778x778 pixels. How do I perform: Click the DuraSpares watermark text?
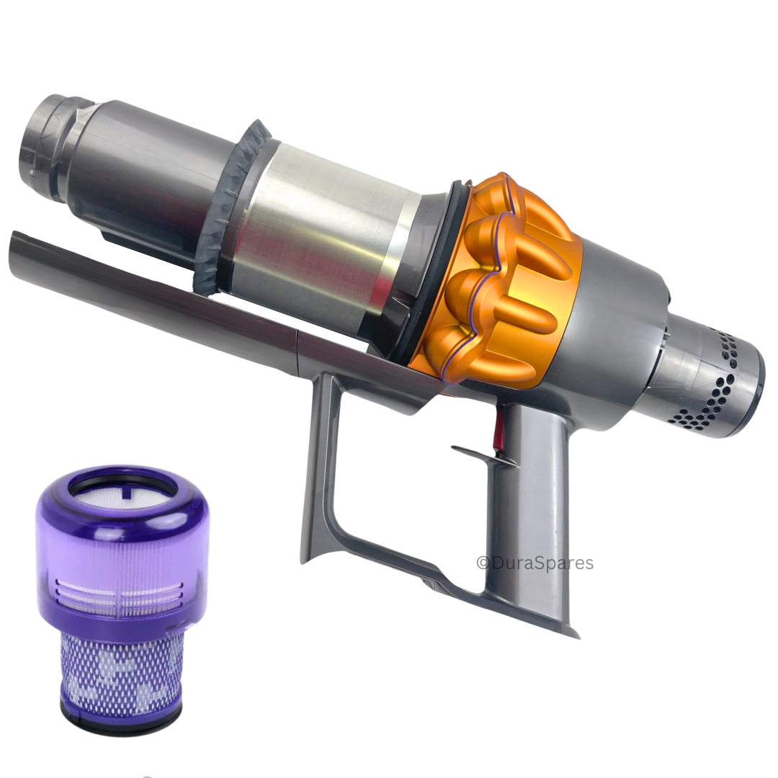tap(535, 563)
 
